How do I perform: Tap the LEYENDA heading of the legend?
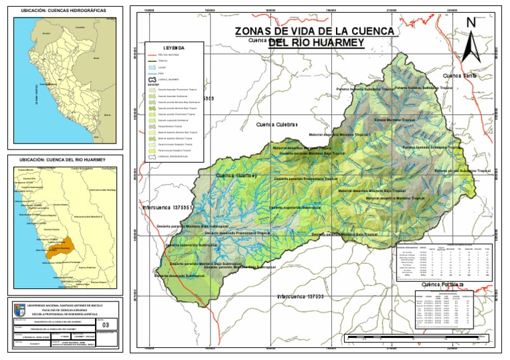[x=175, y=48]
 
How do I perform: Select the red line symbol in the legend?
[x=152, y=54]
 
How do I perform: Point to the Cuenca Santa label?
[x=460, y=76]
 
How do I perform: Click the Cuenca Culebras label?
[x=278, y=124]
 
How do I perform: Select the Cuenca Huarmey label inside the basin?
[x=236, y=175]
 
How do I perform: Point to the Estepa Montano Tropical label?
[x=381, y=120]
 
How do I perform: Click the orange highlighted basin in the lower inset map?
[x=61, y=246]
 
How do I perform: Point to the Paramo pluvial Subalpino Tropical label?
[x=462, y=171]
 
